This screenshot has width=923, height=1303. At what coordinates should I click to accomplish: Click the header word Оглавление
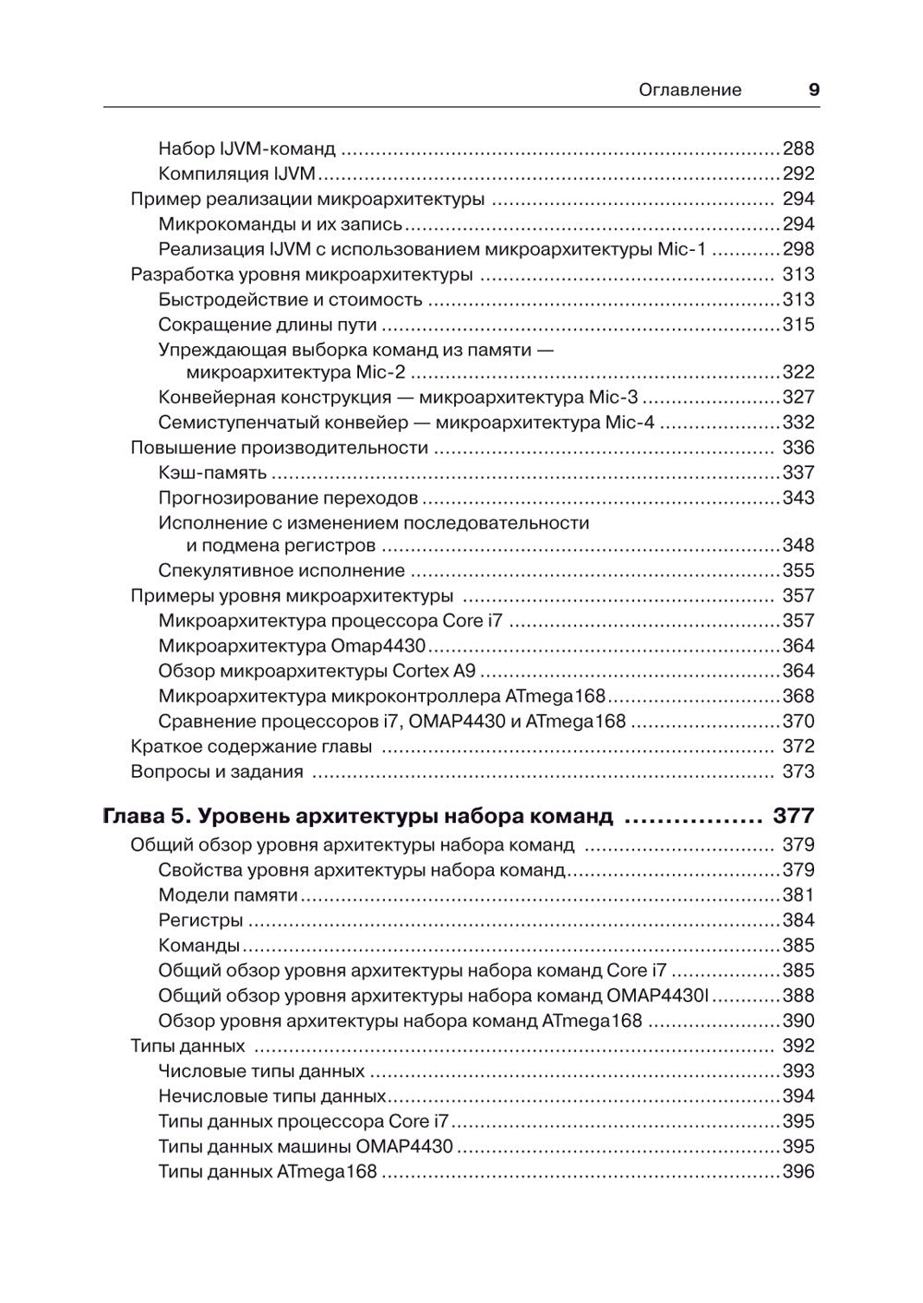click(690, 90)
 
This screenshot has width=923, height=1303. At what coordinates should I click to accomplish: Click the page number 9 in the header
click(813, 90)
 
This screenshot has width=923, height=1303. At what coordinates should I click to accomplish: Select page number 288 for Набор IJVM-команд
click(798, 149)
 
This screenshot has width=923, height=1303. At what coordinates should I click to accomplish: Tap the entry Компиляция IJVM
click(237, 173)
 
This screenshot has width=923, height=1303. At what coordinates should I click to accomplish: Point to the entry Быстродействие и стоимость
click(290, 300)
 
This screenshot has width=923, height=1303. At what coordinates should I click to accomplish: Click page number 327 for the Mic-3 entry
click(798, 398)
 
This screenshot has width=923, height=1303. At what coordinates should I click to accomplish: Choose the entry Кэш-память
click(212, 473)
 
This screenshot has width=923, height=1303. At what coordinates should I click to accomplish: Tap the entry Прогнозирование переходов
click(288, 498)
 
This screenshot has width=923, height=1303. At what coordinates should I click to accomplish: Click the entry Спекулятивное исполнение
click(282, 571)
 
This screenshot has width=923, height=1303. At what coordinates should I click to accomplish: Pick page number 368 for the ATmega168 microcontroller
click(798, 697)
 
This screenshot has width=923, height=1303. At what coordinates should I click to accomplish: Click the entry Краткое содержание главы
click(251, 747)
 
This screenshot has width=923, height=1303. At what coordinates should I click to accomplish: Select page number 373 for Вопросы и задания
click(798, 772)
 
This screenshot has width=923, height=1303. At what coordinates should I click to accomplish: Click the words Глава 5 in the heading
click(147, 817)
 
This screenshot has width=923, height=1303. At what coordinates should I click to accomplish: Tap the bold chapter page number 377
click(793, 817)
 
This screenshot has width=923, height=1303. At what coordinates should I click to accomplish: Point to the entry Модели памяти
click(228, 895)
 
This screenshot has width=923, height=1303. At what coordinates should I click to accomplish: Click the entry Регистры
click(200, 920)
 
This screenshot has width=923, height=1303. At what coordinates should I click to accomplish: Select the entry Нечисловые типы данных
click(271, 1096)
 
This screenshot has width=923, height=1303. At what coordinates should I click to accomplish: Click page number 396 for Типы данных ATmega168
click(798, 1172)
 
